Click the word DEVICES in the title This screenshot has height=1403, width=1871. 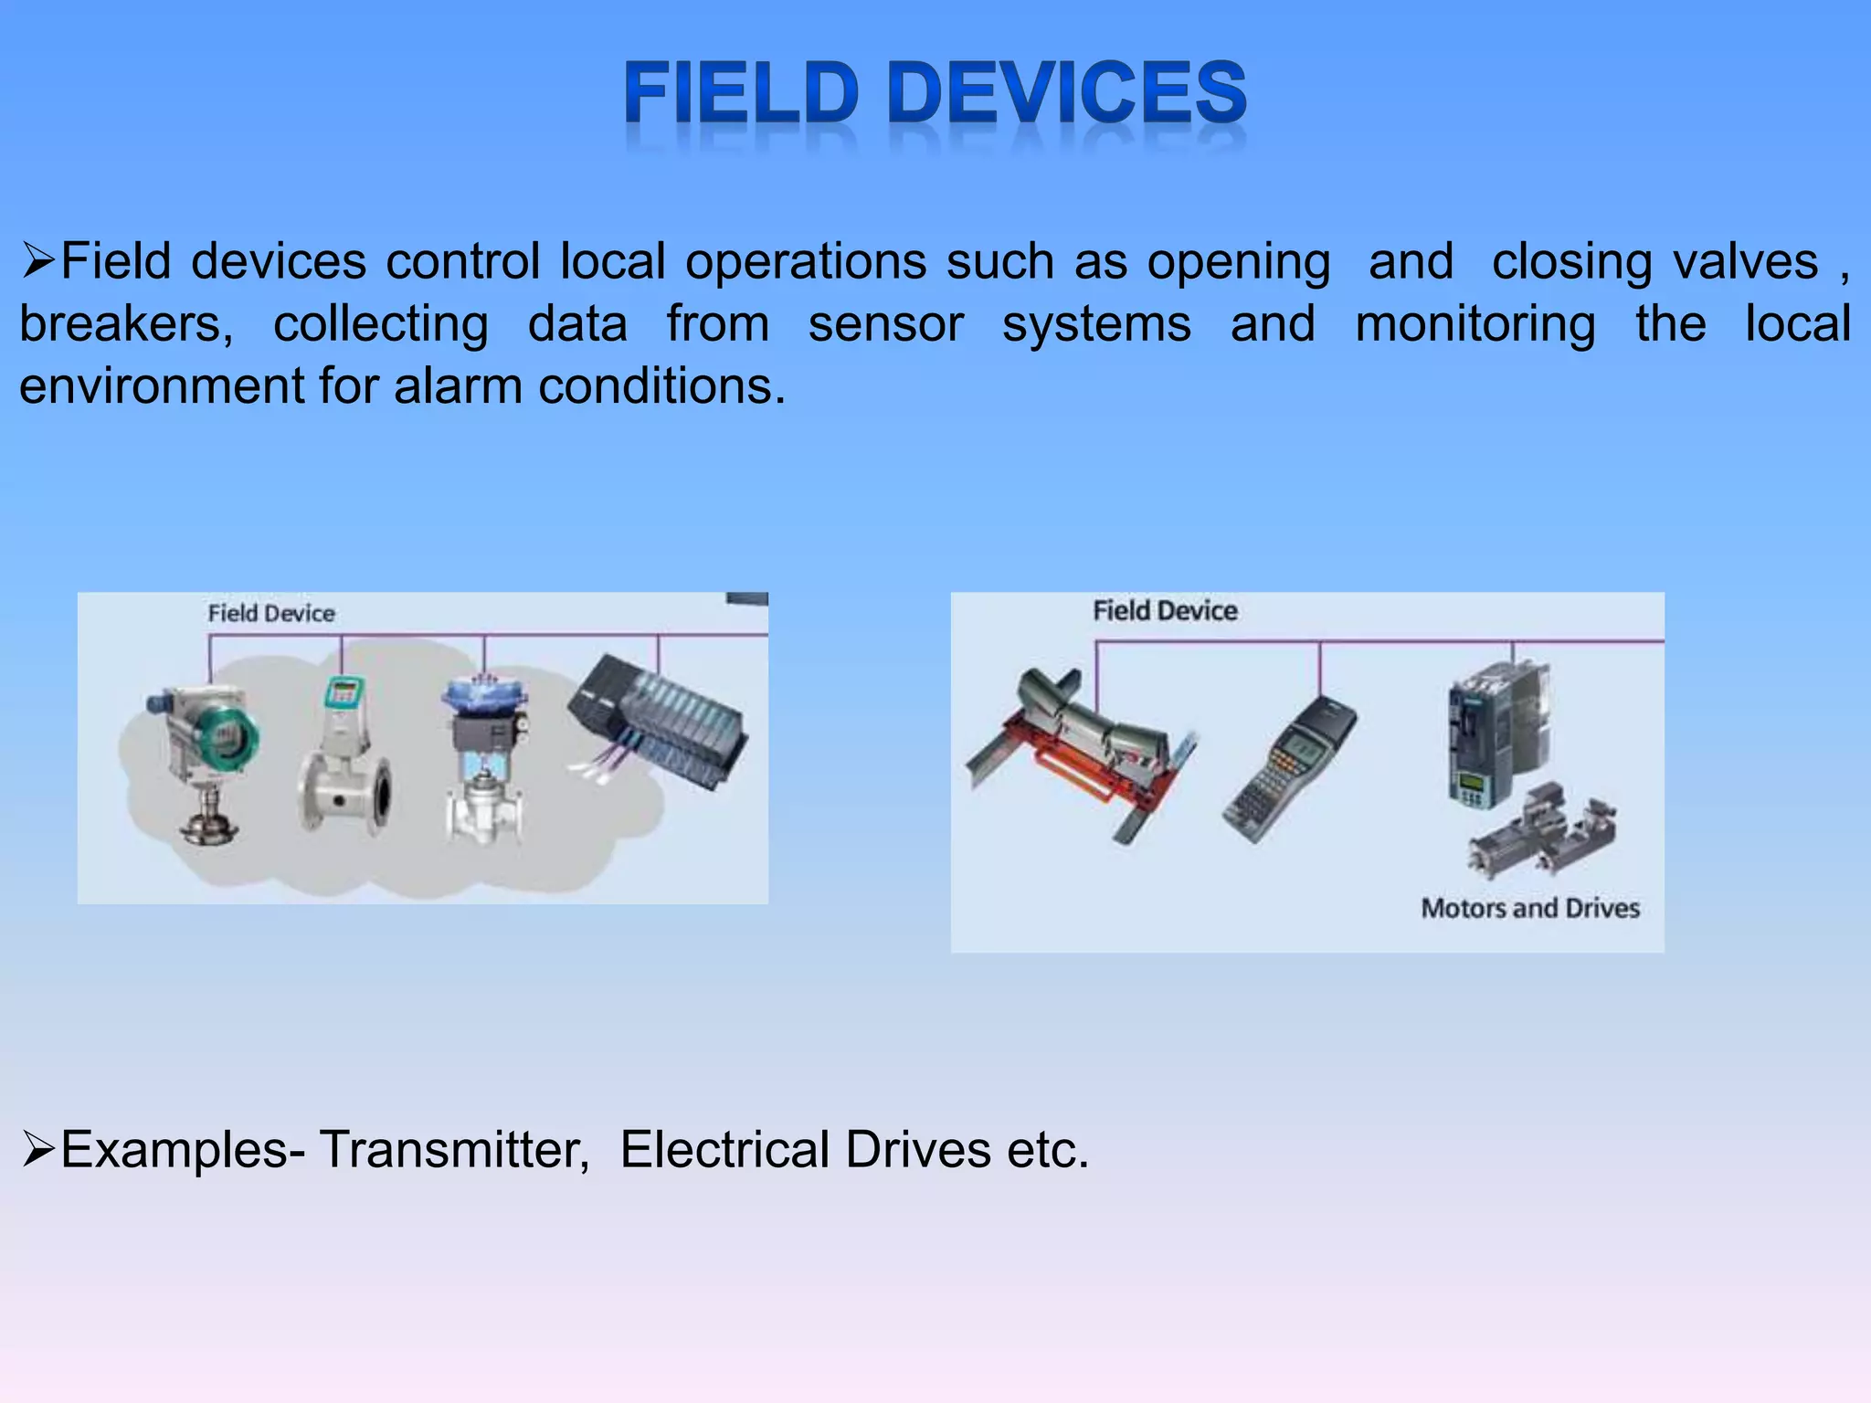[1066, 93]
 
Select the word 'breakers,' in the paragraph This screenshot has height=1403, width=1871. [127, 324]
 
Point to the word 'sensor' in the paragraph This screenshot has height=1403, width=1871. [885, 324]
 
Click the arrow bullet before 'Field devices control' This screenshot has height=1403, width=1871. [38, 262]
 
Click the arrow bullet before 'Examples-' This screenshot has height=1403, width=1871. [38, 1150]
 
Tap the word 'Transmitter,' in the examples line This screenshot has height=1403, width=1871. [454, 1150]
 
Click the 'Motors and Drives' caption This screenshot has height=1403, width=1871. [1530, 908]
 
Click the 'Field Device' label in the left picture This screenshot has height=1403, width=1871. [271, 613]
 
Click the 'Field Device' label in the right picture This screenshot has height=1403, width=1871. [1165, 610]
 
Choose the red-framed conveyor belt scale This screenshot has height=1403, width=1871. [1083, 749]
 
